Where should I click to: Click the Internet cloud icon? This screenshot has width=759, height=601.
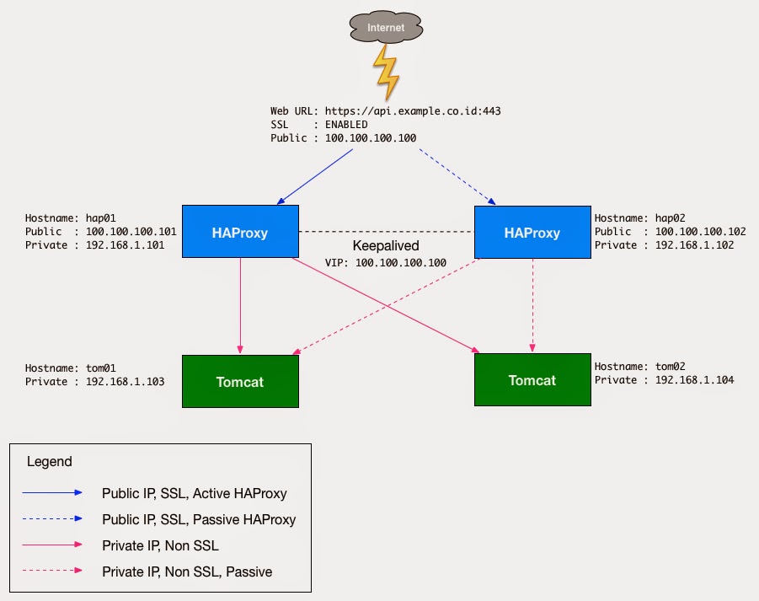pyautogui.click(x=385, y=28)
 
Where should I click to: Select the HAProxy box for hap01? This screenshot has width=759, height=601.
pyautogui.click(x=240, y=232)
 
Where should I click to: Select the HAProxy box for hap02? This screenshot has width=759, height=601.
pyautogui.click(x=532, y=232)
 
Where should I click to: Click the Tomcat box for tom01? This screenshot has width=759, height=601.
pyautogui.click(x=240, y=382)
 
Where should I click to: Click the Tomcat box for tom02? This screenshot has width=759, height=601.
pyautogui.click(x=532, y=380)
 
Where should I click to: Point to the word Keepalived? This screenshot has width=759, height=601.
pyautogui.click(x=386, y=246)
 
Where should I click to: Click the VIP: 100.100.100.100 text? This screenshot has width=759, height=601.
pyautogui.click(x=386, y=263)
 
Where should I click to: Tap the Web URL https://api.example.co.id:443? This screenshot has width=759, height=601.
pyautogui.click(x=386, y=111)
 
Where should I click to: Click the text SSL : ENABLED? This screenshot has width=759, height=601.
pyautogui.click(x=319, y=125)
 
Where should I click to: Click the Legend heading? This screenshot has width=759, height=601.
pyautogui.click(x=50, y=462)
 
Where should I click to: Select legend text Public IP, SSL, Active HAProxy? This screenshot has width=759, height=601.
pyautogui.click(x=195, y=493)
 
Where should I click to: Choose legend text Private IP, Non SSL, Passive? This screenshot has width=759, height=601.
pyautogui.click(x=187, y=571)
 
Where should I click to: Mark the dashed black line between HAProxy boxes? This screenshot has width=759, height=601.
pyautogui.click(x=387, y=231)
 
